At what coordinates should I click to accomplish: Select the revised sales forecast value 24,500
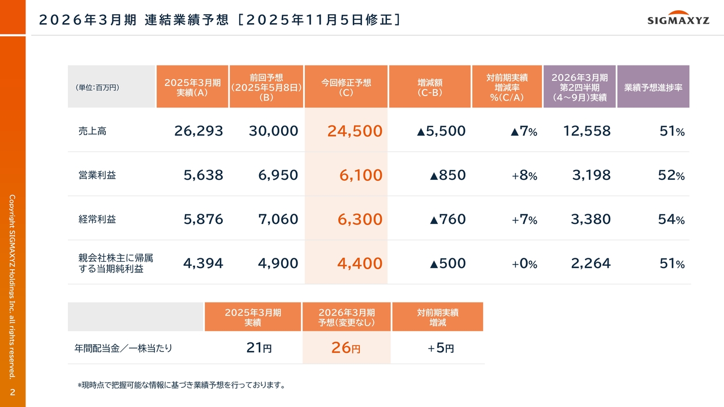355,131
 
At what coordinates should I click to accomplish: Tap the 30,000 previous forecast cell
273,131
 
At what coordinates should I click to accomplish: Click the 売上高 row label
93,131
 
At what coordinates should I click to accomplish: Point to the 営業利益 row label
97,175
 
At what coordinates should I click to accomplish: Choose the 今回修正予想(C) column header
346,87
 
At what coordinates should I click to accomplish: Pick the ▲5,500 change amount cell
441,131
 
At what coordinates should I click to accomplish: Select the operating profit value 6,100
361,175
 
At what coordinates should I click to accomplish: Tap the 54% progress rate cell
671,219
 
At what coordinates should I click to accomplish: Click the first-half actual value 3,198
591,175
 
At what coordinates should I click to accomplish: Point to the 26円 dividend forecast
346,348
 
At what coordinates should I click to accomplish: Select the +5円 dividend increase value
441,348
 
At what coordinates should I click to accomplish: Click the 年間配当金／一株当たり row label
123,348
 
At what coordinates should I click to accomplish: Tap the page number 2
12,392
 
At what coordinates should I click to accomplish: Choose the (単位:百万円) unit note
97,88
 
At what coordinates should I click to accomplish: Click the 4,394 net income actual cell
203,263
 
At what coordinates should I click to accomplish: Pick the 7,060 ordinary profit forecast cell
278,219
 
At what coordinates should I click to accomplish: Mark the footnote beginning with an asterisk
181,386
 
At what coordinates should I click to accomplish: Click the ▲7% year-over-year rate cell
523,131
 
